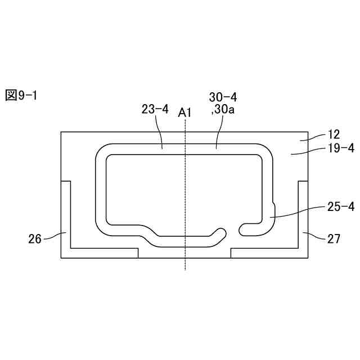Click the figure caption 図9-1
[x=21, y=95]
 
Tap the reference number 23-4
[x=155, y=109]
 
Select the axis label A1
[x=184, y=113]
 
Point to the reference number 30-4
[x=223, y=97]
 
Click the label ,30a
[x=223, y=110]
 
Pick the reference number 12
[x=334, y=134]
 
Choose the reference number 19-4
[x=341, y=148]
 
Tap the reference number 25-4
[x=341, y=207]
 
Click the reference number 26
[x=35, y=239]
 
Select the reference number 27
[x=334, y=239]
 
